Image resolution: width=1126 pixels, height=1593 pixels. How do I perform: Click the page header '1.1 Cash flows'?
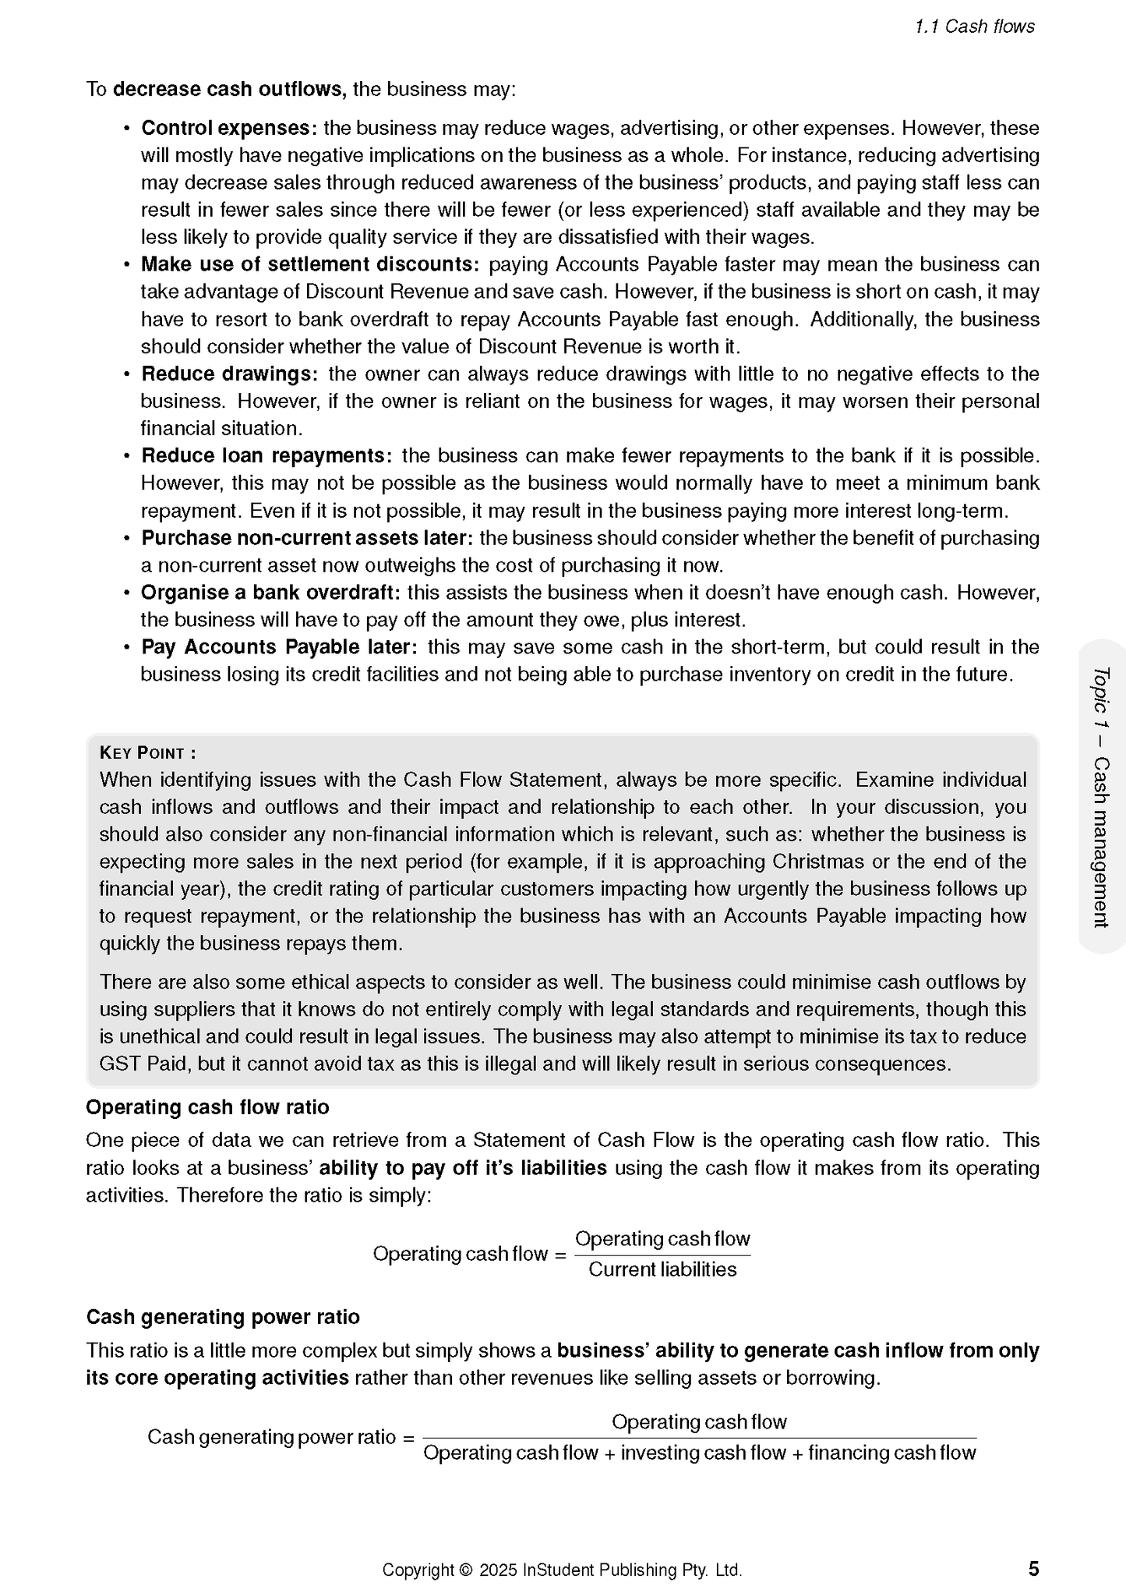(x=974, y=27)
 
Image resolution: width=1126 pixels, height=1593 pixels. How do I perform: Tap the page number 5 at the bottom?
(x=1033, y=1568)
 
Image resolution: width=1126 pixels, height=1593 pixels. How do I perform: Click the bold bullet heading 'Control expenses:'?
(x=228, y=128)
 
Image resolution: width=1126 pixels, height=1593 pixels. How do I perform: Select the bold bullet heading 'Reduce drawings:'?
(x=229, y=374)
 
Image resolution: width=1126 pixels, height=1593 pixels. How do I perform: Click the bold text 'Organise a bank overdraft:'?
(x=270, y=593)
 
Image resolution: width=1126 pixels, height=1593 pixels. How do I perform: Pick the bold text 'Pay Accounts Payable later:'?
(x=279, y=647)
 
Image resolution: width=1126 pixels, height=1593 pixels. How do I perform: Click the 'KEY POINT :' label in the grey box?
(x=147, y=753)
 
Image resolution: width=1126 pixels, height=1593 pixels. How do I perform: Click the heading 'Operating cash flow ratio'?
(x=207, y=1108)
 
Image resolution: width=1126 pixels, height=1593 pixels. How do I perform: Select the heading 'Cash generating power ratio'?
(x=223, y=1318)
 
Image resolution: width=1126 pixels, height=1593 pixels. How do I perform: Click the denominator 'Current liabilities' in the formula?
(x=662, y=1270)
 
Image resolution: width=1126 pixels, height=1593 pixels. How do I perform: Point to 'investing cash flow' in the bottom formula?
(x=703, y=1453)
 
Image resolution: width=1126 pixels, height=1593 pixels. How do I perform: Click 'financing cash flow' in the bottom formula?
(x=891, y=1453)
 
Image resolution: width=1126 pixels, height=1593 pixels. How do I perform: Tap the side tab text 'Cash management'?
(x=1100, y=842)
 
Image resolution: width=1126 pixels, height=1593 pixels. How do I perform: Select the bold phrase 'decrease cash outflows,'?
(x=230, y=90)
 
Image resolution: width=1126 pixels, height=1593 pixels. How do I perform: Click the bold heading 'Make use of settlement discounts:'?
(x=309, y=265)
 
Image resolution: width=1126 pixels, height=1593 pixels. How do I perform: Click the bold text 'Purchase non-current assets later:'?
(x=307, y=539)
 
